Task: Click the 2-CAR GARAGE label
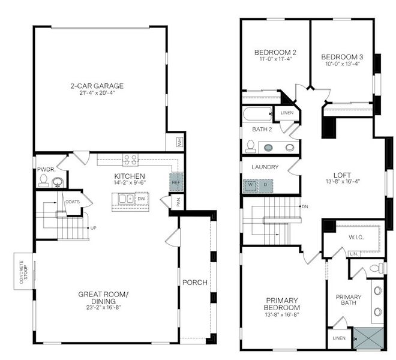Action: click(x=100, y=85)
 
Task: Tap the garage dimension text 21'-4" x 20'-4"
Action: click(x=100, y=93)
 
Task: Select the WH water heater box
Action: click(x=179, y=142)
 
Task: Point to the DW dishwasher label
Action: click(x=141, y=198)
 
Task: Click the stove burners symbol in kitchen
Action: click(x=130, y=160)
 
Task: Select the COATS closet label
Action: click(x=73, y=202)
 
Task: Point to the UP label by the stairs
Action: click(x=92, y=228)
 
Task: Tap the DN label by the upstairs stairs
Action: click(x=305, y=207)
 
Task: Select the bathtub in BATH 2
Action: click(x=256, y=114)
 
